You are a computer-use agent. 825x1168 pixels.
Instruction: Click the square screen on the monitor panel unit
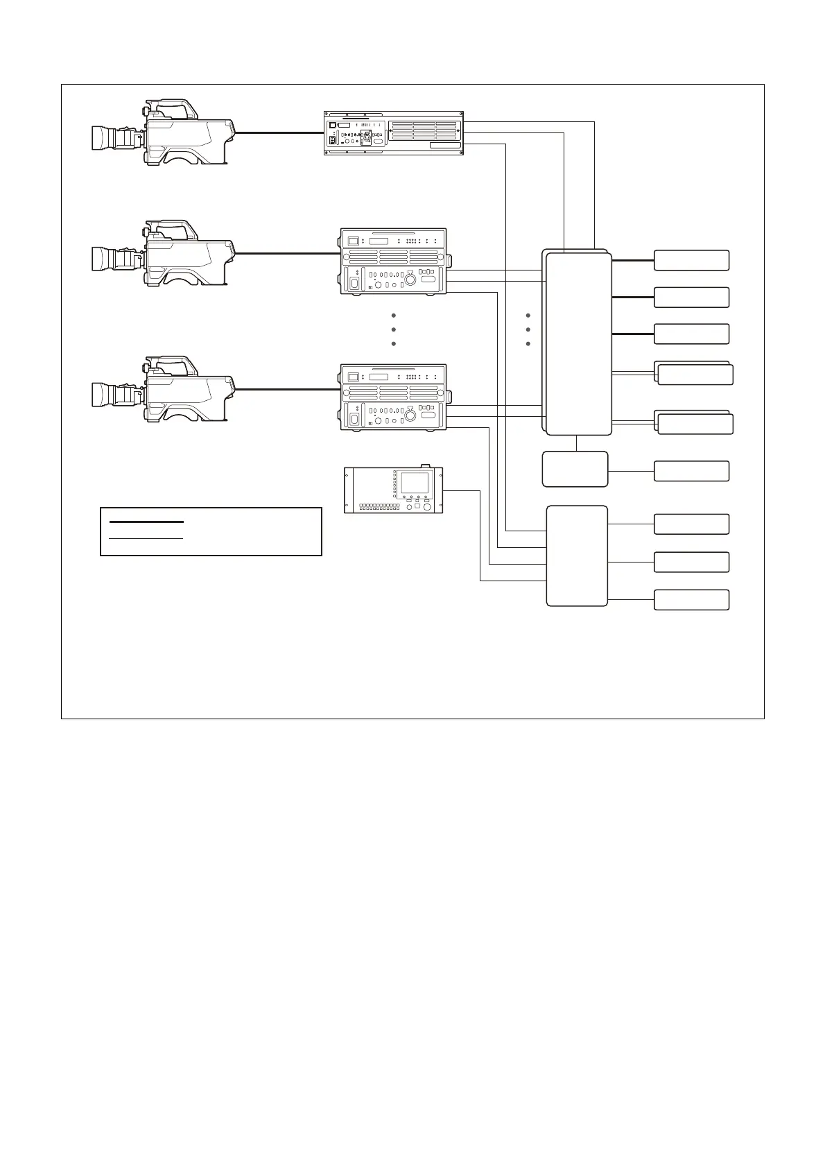(x=415, y=483)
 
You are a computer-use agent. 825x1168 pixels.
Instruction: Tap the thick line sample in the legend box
(x=146, y=521)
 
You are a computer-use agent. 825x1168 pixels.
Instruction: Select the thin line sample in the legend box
(x=146, y=538)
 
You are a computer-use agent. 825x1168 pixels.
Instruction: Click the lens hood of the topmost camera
(x=103, y=138)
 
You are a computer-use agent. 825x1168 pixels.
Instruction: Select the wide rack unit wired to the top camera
(x=393, y=134)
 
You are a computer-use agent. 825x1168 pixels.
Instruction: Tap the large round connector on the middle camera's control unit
(x=410, y=280)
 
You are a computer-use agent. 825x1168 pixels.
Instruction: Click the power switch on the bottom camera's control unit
(x=355, y=418)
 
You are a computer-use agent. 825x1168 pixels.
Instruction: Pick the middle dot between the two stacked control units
(x=393, y=329)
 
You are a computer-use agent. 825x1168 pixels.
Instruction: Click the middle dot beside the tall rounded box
(x=528, y=329)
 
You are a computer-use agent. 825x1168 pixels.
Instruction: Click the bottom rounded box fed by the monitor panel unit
(x=577, y=556)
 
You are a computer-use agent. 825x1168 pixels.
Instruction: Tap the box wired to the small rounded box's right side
(x=691, y=471)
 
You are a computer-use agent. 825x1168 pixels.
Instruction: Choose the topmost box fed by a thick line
(x=691, y=260)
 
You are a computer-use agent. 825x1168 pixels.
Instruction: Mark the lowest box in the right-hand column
(x=691, y=600)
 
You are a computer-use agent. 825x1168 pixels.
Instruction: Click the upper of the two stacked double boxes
(x=693, y=373)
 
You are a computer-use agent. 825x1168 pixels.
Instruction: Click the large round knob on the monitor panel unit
(x=428, y=508)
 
